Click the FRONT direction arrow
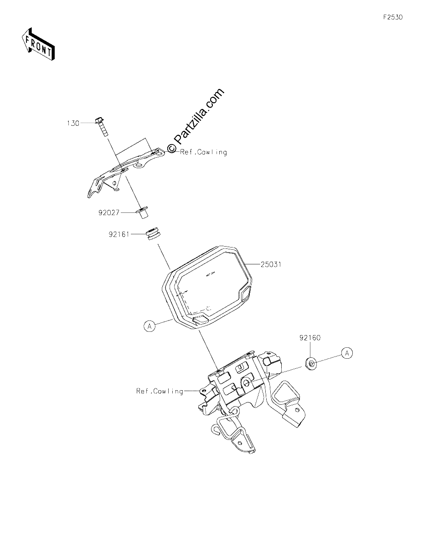pyautogui.click(x=38, y=44)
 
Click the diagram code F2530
pyautogui.click(x=393, y=17)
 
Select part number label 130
pyautogui.click(x=73, y=124)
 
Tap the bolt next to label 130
pyautogui.click(x=102, y=127)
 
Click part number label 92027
pyautogui.click(x=109, y=213)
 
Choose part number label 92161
pyautogui.click(x=119, y=234)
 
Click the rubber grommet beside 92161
pyautogui.click(x=154, y=234)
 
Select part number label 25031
pyautogui.click(x=271, y=264)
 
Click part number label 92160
pyautogui.click(x=310, y=338)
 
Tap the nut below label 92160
pyautogui.click(x=311, y=363)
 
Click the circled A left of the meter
pyautogui.click(x=150, y=326)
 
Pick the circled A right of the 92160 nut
pyautogui.click(x=347, y=353)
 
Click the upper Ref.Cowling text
pyautogui.click(x=204, y=152)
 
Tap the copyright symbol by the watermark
pyautogui.click(x=171, y=148)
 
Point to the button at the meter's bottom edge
pyautogui.click(x=201, y=320)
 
